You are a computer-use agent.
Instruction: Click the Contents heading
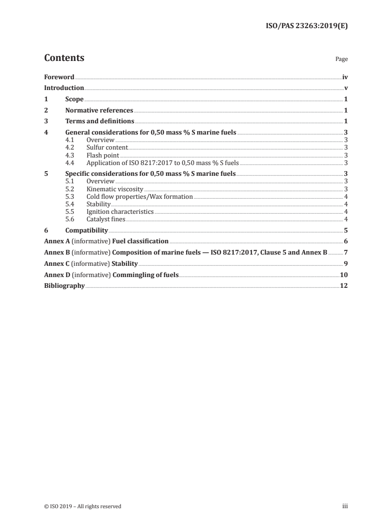click(64, 58)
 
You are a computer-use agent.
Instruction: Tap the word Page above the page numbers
click(342, 60)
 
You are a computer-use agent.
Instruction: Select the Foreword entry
click(59, 77)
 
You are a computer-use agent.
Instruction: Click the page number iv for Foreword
click(345, 77)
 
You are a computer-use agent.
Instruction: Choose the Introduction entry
click(64, 88)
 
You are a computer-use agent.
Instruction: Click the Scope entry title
click(74, 99)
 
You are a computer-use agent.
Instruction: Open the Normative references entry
click(99, 111)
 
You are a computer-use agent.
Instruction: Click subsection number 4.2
click(70, 147)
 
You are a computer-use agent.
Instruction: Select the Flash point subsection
click(103, 155)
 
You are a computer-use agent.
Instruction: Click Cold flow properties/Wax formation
click(139, 196)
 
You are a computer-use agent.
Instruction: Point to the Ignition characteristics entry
click(120, 212)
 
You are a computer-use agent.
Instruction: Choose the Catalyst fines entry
click(106, 219)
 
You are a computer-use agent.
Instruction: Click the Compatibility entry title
click(87, 231)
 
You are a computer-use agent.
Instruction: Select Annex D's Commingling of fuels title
click(145, 275)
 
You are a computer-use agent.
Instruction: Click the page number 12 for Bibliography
click(344, 286)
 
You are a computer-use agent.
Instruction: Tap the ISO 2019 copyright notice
click(83, 506)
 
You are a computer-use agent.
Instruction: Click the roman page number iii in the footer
click(345, 506)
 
